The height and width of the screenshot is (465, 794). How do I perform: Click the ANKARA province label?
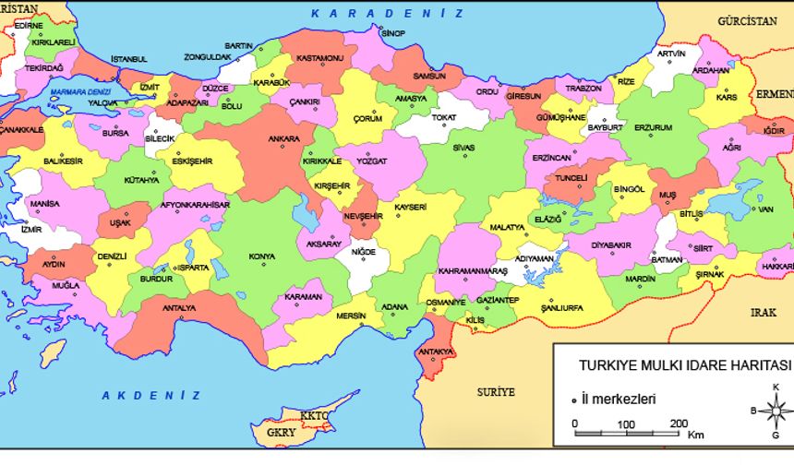283,139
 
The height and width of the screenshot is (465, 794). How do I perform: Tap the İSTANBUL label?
129,59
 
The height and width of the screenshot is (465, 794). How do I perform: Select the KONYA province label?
261,256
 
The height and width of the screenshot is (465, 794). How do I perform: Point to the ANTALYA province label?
178,307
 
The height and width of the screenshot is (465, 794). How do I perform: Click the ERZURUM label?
653,127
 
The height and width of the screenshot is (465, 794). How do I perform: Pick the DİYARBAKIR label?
610,245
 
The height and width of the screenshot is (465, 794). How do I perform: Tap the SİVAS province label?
463,147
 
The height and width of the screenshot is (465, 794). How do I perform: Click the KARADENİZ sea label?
387,13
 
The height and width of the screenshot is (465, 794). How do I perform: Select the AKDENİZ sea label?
150,394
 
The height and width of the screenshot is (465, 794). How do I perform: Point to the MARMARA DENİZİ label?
80,92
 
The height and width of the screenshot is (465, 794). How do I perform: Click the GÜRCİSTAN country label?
748,20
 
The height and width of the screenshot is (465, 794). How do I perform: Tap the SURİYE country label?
496,391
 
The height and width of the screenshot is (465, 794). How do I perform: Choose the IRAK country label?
763,312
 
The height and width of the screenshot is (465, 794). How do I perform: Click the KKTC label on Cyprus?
314,416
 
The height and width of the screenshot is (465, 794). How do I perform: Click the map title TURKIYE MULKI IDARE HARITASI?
672,364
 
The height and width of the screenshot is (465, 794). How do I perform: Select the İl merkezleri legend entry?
618,399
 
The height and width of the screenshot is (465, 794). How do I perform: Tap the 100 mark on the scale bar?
626,423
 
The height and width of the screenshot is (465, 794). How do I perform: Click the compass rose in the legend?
776,409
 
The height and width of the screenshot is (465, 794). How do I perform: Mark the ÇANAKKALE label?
21,130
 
